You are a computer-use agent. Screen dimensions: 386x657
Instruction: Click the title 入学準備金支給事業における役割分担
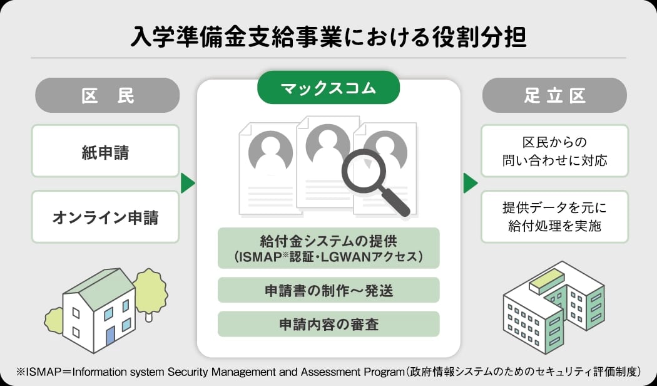[328, 36]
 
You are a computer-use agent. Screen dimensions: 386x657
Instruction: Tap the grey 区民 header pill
[108, 95]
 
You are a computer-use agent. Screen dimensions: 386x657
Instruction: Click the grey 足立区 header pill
[554, 95]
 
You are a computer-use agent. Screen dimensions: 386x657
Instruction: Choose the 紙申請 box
[105, 151]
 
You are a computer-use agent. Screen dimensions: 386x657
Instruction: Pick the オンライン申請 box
[105, 217]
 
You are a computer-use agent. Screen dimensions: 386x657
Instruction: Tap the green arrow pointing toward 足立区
[471, 184]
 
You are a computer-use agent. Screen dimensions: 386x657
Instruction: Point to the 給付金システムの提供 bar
[328, 248]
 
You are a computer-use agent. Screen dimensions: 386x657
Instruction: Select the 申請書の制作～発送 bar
[328, 290]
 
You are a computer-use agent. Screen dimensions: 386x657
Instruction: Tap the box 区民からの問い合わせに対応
[554, 151]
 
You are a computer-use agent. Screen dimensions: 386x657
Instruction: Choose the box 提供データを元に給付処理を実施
[554, 217]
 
